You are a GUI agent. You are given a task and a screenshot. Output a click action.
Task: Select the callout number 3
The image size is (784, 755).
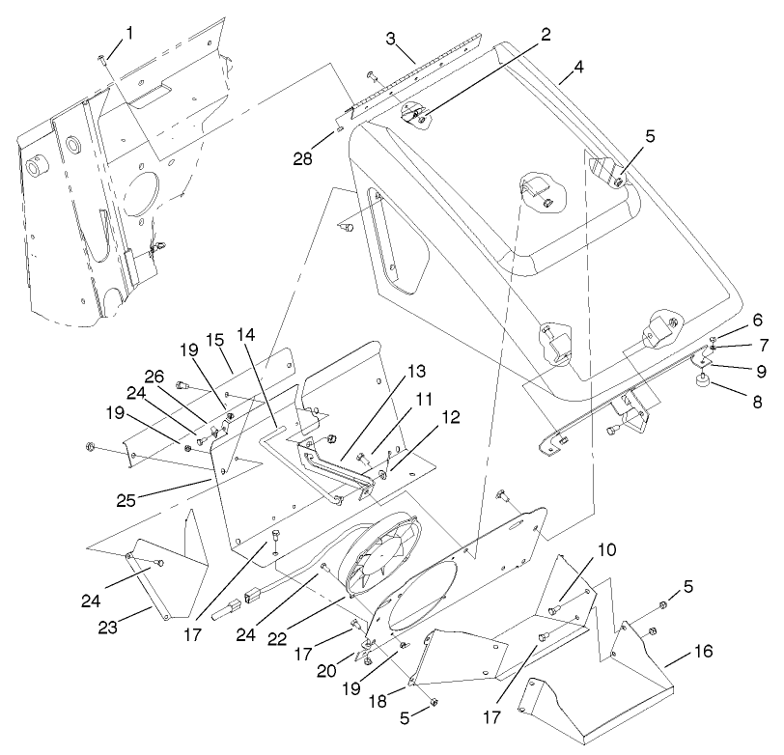pyautogui.click(x=389, y=40)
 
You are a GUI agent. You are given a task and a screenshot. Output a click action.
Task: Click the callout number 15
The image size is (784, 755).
pyautogui.click(x=213, y=341)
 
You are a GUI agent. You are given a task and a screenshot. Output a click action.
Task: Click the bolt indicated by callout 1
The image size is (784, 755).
pyautogui.click(x=101, y=60)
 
